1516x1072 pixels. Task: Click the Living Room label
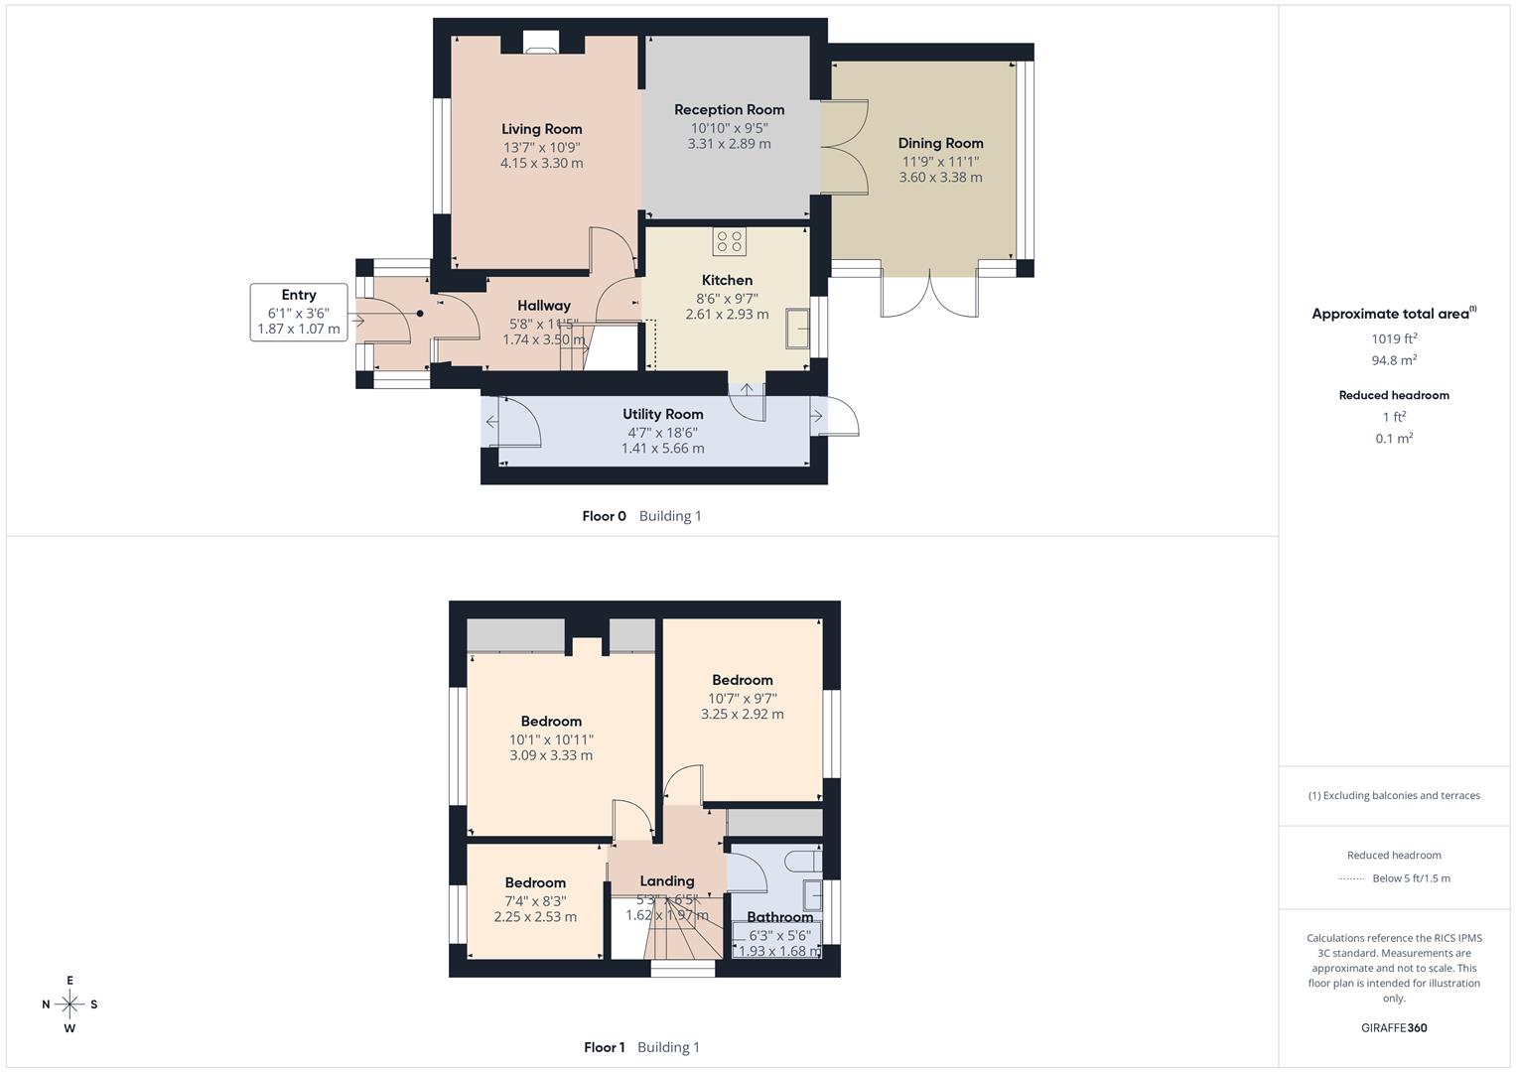[x=541, y=129]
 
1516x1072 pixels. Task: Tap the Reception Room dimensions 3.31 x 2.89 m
[x=729, y=144]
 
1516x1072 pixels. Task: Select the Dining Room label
[x=940, y=143]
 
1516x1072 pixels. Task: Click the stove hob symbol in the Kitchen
[x=729, y=241]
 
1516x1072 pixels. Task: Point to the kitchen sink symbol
[x=798, y=329]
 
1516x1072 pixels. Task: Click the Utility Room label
[x=662, y=414]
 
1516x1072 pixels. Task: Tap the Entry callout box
[x=299, y=312]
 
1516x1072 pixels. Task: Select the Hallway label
[x=543, y=306]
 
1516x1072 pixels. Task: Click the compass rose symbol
[x=69, y=1005]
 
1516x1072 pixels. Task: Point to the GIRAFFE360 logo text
[x=1394, y=1027]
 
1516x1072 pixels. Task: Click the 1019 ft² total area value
[x=1394, y=338]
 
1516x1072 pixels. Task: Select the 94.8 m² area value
[x=1394, y=360]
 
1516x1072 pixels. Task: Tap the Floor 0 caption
[x=604, y=516]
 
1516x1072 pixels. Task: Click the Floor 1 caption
[x=604, y=1047]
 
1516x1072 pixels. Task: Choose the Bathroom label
[x=779, y=917]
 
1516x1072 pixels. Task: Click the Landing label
[x=666, y=880]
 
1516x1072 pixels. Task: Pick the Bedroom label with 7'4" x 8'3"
[x=535, y=882]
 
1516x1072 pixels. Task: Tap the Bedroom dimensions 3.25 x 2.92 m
[x=742, y=715]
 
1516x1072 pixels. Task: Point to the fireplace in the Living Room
[x=541, y=42]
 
